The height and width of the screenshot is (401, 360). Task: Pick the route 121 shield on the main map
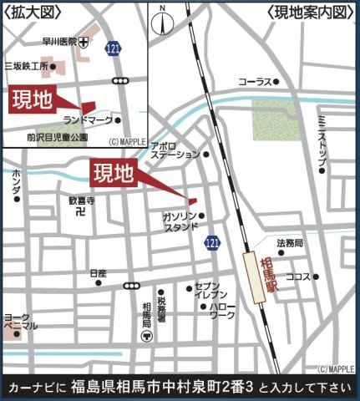[x=212, y=241]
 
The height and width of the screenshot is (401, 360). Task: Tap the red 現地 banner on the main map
[x=112, y=174]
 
